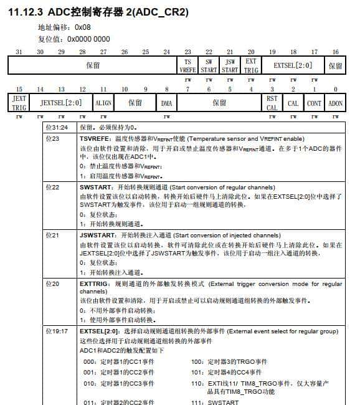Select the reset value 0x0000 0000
tap(88, 39)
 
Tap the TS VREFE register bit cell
tap(187, 65)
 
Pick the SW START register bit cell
tap(209, 65)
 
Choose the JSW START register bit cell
tap(230, 65)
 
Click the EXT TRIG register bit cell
tap(251, 65)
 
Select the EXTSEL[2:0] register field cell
tap(293, 65)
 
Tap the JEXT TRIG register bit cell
tap(19, 103)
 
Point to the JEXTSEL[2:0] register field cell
tap(61, 103)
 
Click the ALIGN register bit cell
tap(103, 103)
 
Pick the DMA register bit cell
tap(166, 103)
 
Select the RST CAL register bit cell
tap(272, 103)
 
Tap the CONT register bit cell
tap(314, 103)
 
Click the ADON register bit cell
tap(335, 103)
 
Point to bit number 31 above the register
tap(19, 52)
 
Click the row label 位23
tap(52, 138)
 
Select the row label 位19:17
tap(57, 331)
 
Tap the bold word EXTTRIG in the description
tap(94, 283)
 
